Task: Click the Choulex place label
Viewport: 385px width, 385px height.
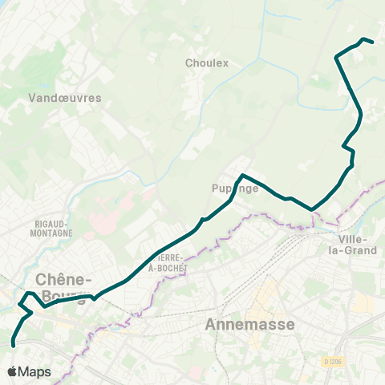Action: (x=207, y=63)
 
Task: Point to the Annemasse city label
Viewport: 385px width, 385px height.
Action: (x=250, y=325)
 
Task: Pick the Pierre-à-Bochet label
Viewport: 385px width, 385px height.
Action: (x=168, y=262)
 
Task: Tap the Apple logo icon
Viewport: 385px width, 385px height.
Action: (x=13, y=372)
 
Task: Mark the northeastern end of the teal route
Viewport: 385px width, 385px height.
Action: (x=373, y=42)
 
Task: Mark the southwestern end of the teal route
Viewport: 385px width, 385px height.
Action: (x=14, y=346)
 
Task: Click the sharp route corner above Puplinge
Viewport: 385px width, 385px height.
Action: (x=243, y=175)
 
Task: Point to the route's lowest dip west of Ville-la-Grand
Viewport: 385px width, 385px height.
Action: (x=311, y=209)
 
